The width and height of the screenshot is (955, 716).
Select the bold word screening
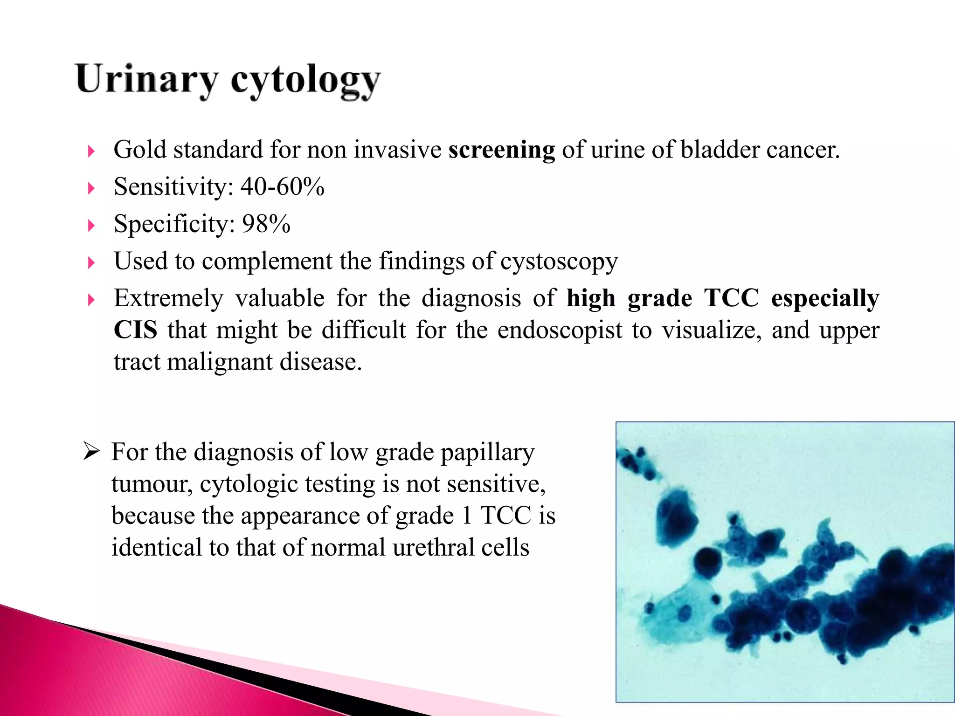click(x=501, y=151)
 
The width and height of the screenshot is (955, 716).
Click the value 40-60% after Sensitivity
click(x=282, y=187)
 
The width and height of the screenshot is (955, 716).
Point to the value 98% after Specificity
click(x=266, y=224)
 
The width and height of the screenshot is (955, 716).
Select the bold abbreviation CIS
click(x=135, y=330)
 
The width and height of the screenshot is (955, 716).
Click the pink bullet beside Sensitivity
click(x=91, y=188)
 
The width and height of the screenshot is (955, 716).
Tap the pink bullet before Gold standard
click(x=91, y=151)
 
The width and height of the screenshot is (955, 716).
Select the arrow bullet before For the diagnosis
click(x=91, y=452)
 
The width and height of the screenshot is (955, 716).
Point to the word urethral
click(x=433, y=548)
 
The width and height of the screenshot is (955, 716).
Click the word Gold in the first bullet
click(x=140, y=151)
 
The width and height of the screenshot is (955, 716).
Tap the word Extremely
click(x=168, y=299)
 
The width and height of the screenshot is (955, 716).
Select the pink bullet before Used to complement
click(x=91, y=263)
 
